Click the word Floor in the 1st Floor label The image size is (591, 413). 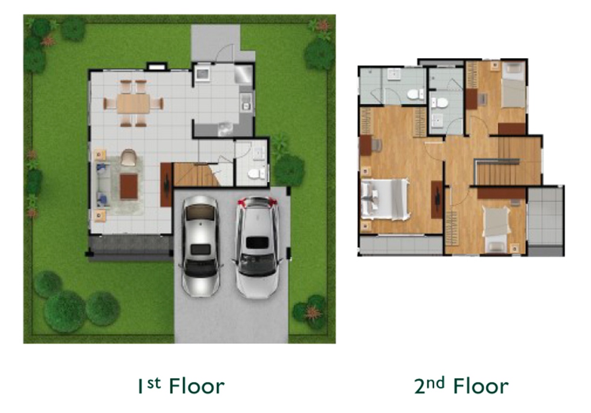click(197, 386)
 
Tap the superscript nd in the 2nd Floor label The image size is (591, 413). click(437, 383)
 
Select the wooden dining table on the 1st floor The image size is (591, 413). click(133, 104)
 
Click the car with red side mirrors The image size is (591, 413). click(257, 247)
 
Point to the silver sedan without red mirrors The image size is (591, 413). click(200, 247)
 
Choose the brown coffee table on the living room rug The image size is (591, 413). click(129, 187)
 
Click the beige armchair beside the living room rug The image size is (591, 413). click(129, 157)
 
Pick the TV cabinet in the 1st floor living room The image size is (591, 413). click(166, 184)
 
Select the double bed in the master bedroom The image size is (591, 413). click(385, 199)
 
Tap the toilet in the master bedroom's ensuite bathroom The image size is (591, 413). click(415, 94)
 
